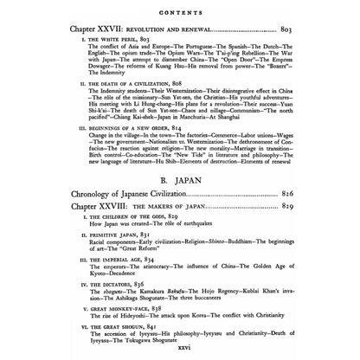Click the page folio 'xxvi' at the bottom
(x=179, y=357)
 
